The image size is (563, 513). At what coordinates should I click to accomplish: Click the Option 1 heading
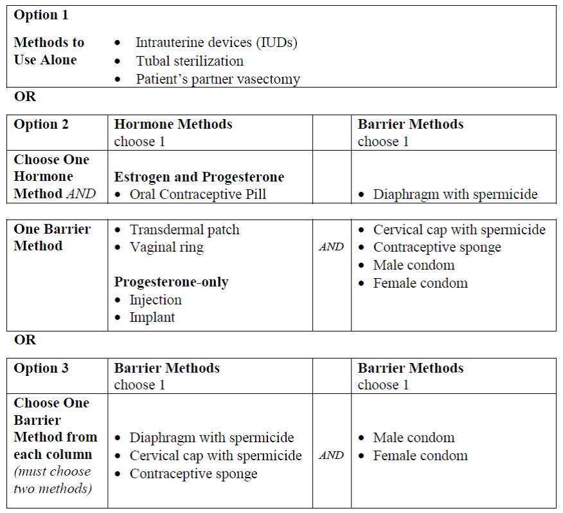point(41,15)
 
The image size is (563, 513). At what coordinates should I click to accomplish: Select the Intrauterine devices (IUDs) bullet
point(216,43)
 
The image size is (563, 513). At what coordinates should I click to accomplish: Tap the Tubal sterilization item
point(190,61)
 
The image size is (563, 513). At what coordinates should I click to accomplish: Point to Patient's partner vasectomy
point(218,79)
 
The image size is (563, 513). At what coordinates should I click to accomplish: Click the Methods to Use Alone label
point(49,51)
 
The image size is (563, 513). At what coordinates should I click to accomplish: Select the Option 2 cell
point(41,124)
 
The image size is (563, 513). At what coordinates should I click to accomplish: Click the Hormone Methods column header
point(173,124)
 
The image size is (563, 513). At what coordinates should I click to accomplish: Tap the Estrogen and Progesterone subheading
point(199,177)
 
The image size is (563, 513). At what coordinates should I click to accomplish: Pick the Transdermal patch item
point(184,230)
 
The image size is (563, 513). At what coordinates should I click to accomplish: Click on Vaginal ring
point(166,247)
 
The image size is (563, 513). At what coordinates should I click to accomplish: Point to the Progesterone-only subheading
point(172,282)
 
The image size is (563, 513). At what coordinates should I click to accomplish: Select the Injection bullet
point(156,300)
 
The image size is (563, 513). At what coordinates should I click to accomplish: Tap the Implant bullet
point(152,317)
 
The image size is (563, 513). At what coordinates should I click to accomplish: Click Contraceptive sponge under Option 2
point(437,247)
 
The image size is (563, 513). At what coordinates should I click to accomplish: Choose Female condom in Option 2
point(420,283)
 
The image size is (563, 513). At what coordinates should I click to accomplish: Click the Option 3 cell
point(41,368)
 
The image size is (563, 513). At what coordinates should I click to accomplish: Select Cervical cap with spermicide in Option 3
point(215,456)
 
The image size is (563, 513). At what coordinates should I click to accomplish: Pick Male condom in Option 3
point(414,438)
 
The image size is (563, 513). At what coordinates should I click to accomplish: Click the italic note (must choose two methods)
point(53,480)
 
